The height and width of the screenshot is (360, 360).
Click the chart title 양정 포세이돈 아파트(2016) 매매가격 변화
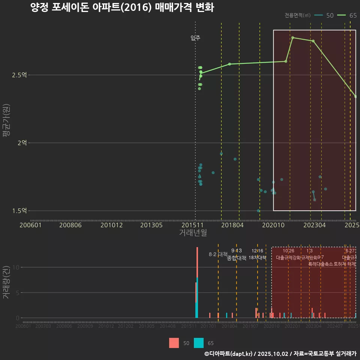click(x=122, y=7)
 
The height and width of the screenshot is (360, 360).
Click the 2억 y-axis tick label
click(x=21, y=143)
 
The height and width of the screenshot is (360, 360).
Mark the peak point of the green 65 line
click(x=292, y=37)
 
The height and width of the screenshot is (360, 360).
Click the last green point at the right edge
click(x=355, y=97)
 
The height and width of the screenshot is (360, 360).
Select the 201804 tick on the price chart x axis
click(x=232, y=225)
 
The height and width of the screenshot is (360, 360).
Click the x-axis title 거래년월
click(x=193, y=232)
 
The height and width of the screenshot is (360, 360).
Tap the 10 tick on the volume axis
click(x=17, y=267)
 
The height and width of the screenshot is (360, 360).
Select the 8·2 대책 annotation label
click(x=218, y=254)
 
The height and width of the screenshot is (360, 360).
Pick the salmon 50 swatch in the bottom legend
click(x=174, y=343)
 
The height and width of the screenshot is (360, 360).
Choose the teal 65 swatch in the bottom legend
click(x=199, y=343)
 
